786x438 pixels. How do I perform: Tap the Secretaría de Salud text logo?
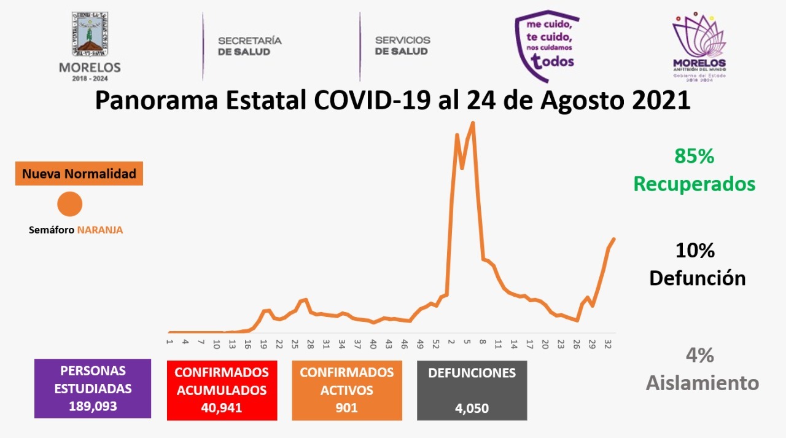250,46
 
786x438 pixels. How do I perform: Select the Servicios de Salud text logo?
402,46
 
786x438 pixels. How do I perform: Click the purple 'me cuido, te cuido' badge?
547,46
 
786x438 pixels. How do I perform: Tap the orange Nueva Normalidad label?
79,174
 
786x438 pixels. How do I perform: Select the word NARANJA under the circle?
100,230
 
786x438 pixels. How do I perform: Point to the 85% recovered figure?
695,157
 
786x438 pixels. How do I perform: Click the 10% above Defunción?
695,251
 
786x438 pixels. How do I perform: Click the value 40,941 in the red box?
221,407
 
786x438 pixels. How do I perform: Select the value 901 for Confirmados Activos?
346,407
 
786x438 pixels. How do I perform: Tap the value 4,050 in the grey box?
472,408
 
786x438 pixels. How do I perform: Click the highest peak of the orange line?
472,123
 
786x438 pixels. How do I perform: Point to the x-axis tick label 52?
435,343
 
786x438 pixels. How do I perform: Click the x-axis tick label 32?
607,343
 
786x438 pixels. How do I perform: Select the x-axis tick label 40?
373,343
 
